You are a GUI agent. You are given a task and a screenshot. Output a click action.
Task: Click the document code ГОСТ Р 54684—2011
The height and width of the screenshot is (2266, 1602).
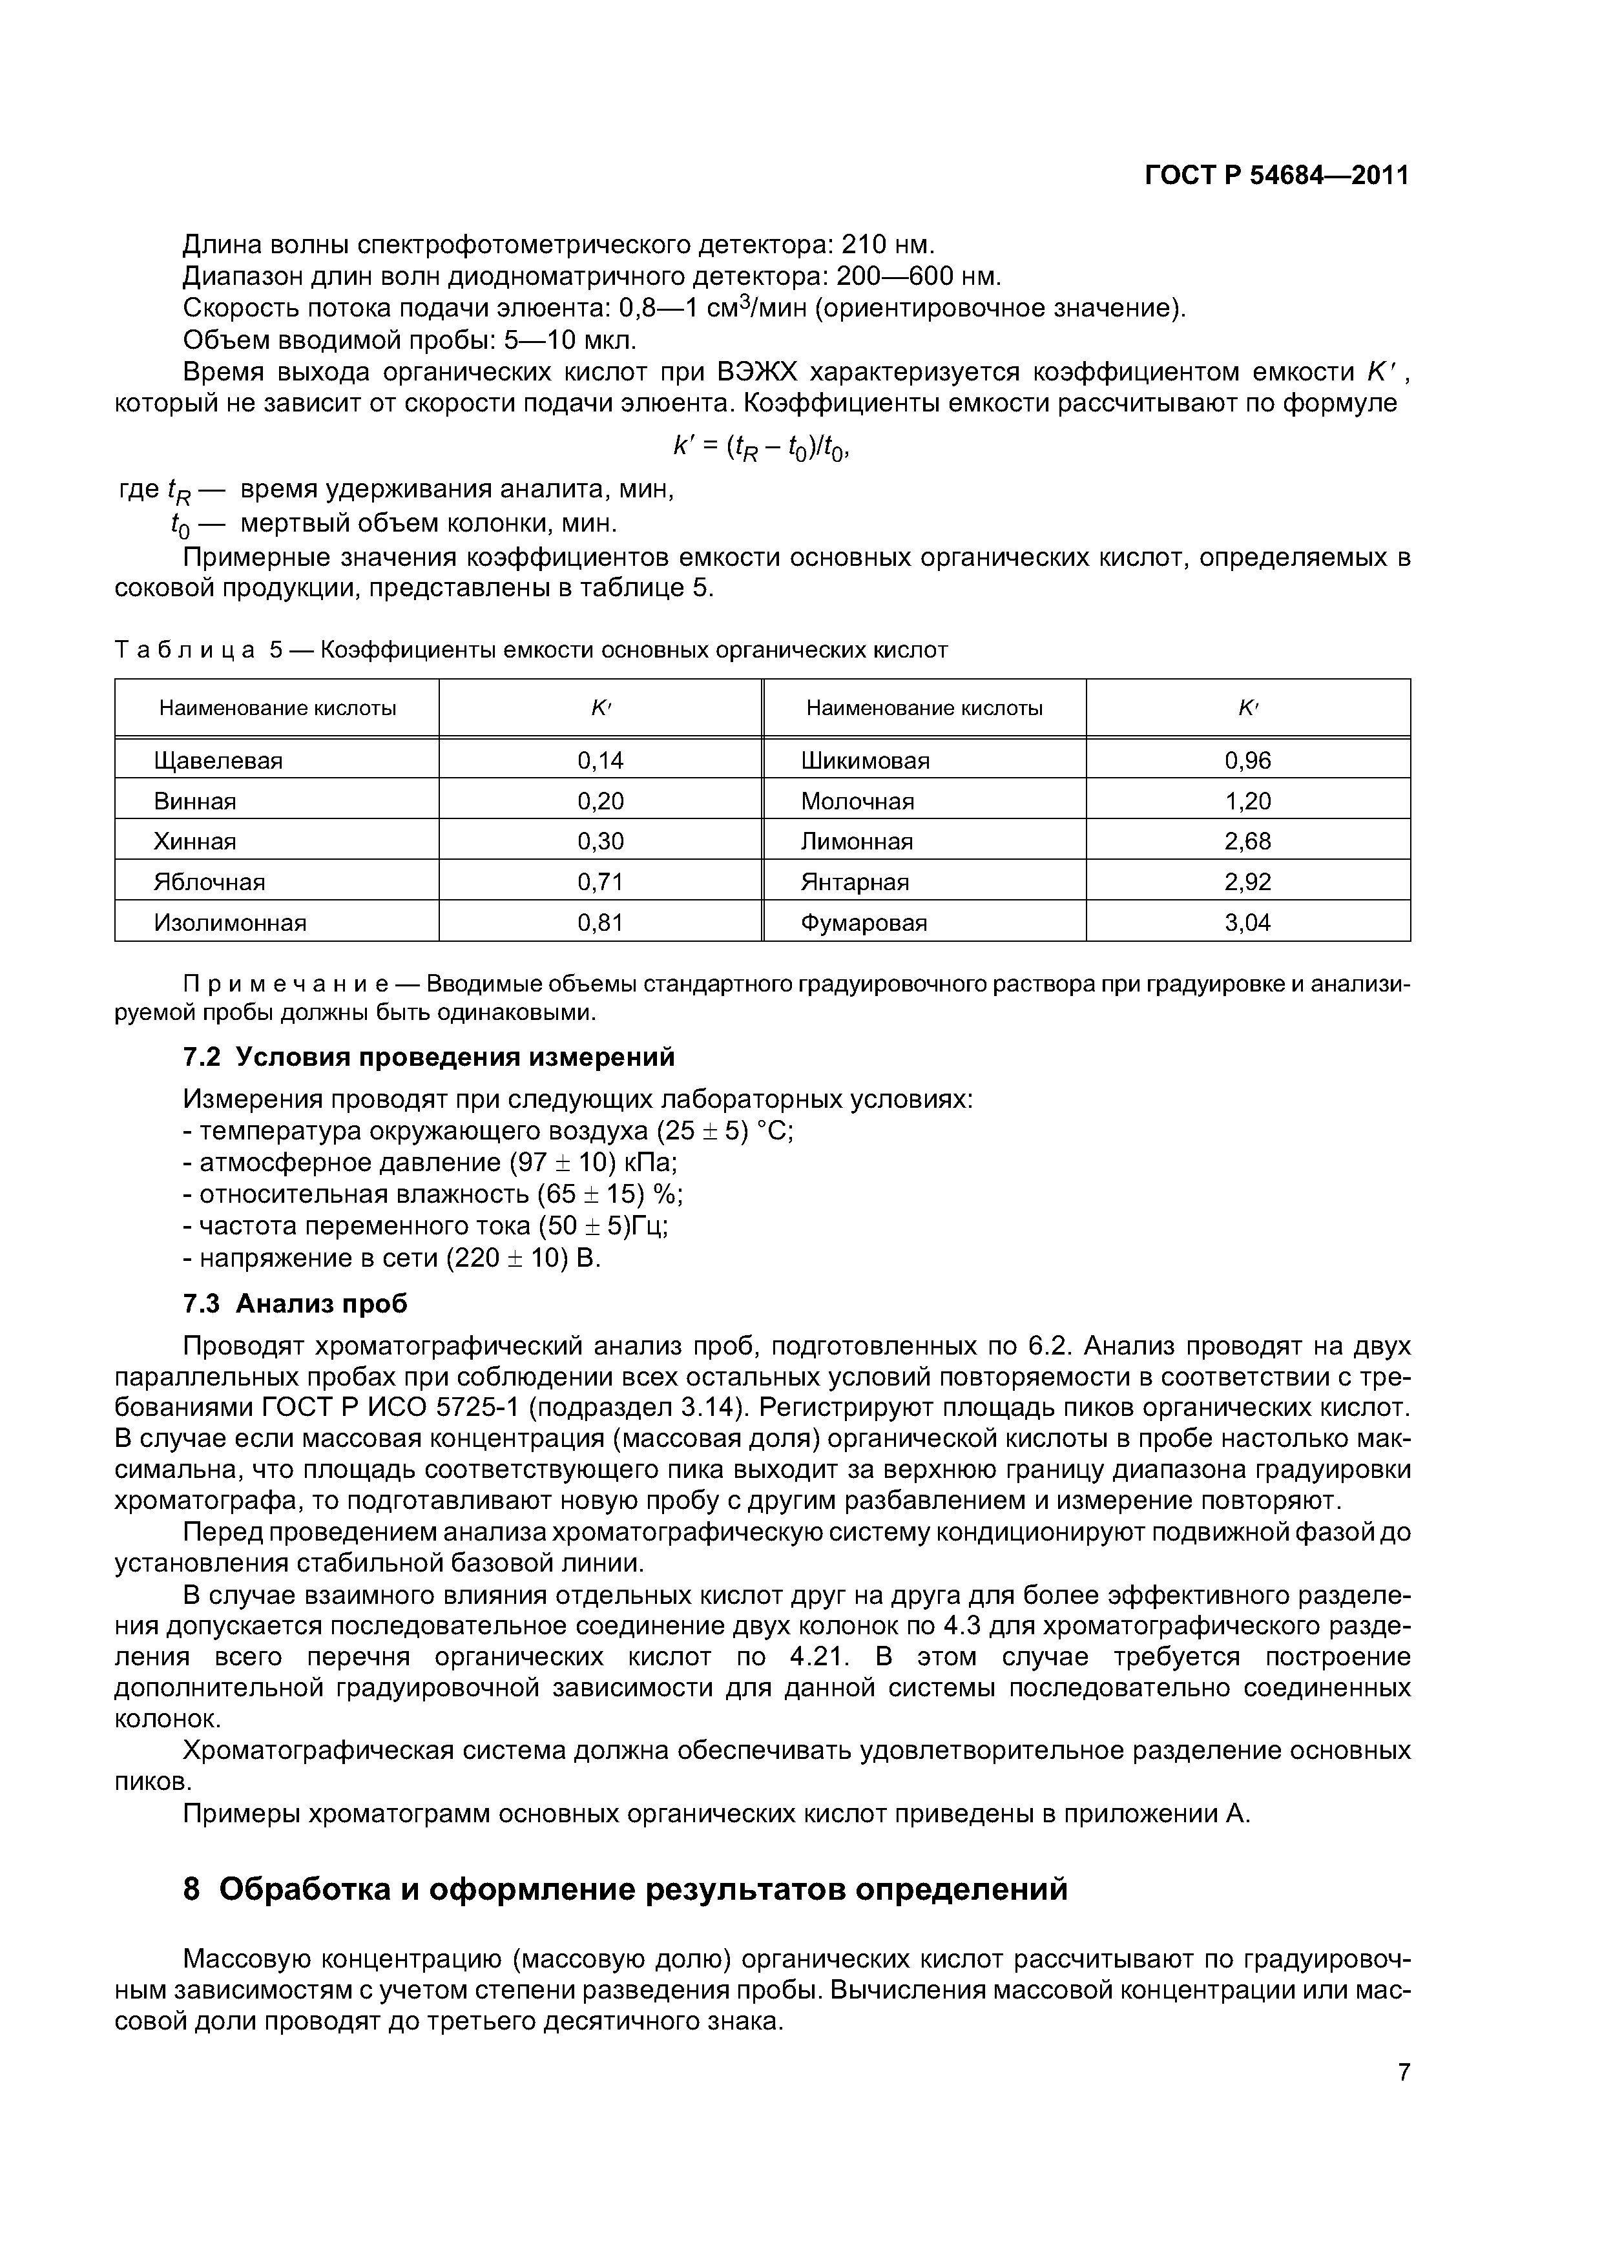tap(1276, 176)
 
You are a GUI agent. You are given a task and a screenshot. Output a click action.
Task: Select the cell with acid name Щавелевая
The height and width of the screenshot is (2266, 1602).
tap(218, 761)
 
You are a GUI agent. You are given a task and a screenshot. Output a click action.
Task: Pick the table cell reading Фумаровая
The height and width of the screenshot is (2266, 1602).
tap(864, 923)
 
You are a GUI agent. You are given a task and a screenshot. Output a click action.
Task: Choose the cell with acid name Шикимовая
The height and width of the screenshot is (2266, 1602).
tap(865, 761)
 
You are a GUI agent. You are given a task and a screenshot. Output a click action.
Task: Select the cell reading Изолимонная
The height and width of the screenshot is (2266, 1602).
tap(230, 923)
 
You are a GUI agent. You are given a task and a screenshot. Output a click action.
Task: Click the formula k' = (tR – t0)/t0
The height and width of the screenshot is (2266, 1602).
tap(761, 448)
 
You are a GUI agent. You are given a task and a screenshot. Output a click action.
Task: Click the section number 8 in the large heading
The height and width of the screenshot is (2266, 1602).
tap(192, 1889)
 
